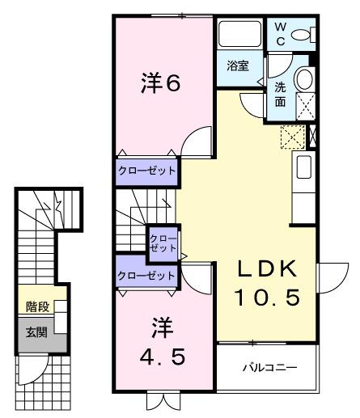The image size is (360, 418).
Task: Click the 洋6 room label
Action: point(160,85)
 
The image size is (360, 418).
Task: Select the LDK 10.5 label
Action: point(267,283)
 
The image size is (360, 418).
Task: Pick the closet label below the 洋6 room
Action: point(146,172)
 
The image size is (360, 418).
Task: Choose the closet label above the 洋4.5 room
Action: point(146,275)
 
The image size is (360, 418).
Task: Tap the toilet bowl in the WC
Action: point(303,34)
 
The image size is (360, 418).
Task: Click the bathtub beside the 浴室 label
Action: point(239,35)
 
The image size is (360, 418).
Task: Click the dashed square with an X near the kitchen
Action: point(290,138)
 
